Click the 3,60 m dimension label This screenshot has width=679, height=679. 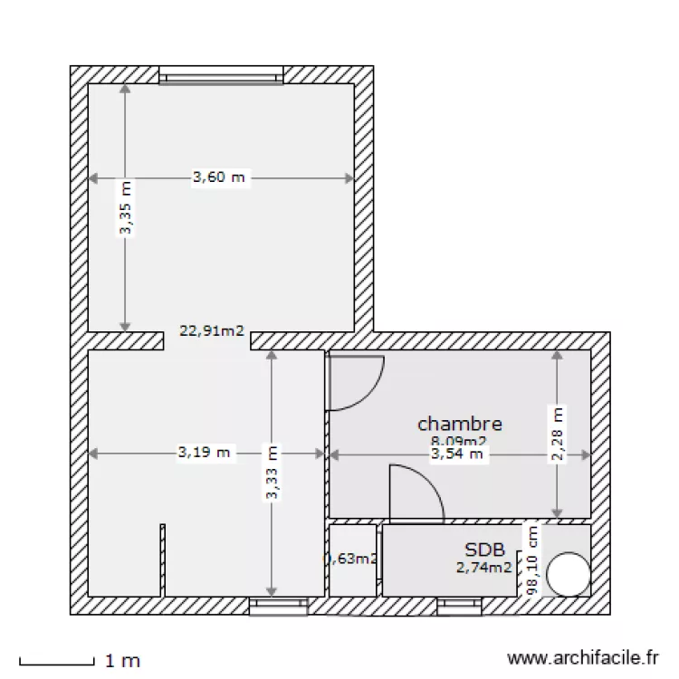pyautogui.click(x=218, y=177)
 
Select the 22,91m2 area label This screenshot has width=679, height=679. pyautogui.click(x=212, y=331)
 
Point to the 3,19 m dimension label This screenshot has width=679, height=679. pyautogui.click(x=205, y=452)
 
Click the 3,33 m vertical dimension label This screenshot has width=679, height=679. pyautogui.click(x=272, y=472)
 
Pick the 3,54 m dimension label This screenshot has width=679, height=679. pyautogui.click(x=457, y=454)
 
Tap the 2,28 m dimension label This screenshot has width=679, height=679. pyautogui.click(x=558, y=434)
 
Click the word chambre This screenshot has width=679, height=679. pyautogui.click(x=459, y=423)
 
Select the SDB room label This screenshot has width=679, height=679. pyautogui.click(x=484, y=550)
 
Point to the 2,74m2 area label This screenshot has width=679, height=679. pyautogui.click(x=483, y=568)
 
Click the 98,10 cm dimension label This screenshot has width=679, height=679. pyautogui.click(x=532, y=560)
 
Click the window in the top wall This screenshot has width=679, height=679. pyautogui.click(x=221, y=74)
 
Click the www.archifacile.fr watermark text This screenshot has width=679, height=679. pyautogui.click(x=583, y=659)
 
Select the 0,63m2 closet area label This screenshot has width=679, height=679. pyautogui.click(x=353, y=559)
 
